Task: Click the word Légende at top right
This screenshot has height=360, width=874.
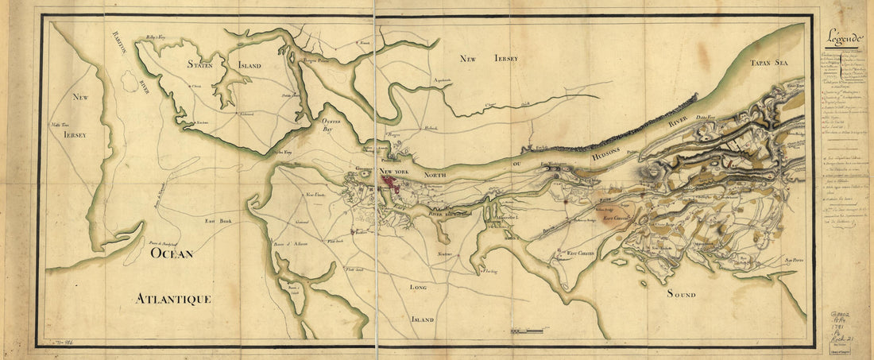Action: (x=845, y=37)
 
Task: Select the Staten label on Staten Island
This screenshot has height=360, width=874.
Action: (x=195, y=65)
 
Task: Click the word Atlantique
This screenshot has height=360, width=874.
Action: (x=172, y=299)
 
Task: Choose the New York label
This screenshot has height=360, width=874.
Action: (x=396, y=172)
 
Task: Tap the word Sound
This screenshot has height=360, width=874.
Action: (x=680, y=294)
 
